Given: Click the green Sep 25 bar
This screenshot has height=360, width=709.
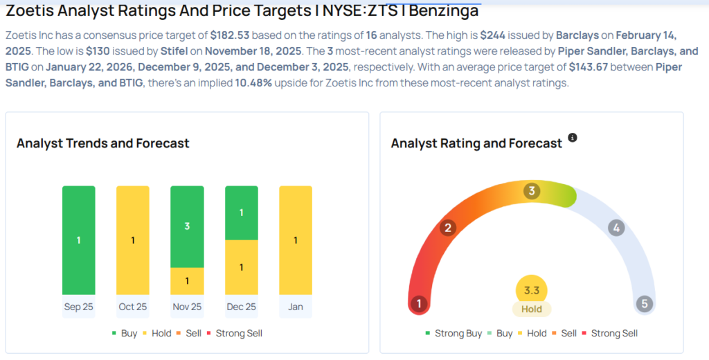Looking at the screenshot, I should click(x=79, y=240).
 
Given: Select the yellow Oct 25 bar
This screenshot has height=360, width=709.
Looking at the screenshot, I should click(x=133, y=240).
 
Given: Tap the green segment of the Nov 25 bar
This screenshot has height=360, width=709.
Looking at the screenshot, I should click(x=187, y=226).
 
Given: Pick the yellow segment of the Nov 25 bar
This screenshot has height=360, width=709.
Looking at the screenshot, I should click(x=187, y=280).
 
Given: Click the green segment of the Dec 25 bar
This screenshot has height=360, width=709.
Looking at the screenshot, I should click(x=241, y=213).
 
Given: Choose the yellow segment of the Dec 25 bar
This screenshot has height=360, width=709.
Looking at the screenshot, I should click(x=241, y=267).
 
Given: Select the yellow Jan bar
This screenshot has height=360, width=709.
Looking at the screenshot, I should click(x=295, y=240).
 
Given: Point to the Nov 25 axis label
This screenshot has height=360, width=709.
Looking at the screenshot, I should click(x=187, y=307).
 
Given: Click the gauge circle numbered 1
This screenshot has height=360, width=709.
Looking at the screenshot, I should click(x=418, y=303).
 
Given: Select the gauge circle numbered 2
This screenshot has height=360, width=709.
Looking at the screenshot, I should click(x=448, y=228).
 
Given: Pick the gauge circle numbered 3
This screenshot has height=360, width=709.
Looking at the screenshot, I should click(x=532, y=191).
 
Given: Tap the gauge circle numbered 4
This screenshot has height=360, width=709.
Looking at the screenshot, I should click(x=615, y=228).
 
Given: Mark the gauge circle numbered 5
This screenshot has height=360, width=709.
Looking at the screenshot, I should click(x=645, y=303).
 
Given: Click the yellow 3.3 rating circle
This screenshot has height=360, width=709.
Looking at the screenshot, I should click(x=532, y=289).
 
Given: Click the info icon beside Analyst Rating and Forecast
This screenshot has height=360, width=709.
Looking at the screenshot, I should click(x=573, y=138).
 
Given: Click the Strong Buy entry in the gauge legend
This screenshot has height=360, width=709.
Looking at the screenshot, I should click(x=454, y=333).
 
